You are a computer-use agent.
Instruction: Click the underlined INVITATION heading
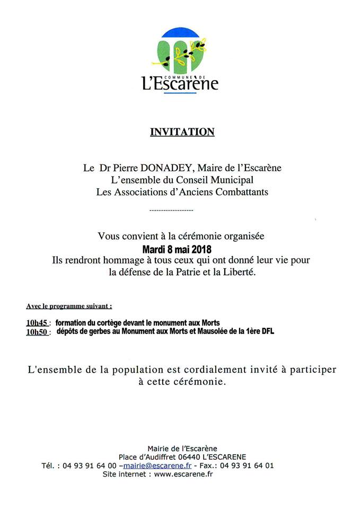point(182,131)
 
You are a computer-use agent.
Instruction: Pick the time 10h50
point(36,332)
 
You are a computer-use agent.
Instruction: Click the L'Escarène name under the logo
point(180,84)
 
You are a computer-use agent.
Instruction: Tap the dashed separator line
point(171,211)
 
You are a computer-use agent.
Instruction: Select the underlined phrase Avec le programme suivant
point(69,306)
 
